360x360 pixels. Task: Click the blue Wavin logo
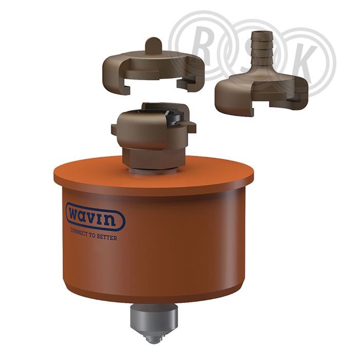point(95,217)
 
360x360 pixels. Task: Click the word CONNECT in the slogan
point(79,232)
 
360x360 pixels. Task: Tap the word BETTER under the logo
point(107,237)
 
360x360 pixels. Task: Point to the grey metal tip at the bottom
point(154,323)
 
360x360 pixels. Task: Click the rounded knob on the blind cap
point(154,45)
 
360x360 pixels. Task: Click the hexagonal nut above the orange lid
point(153,158)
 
